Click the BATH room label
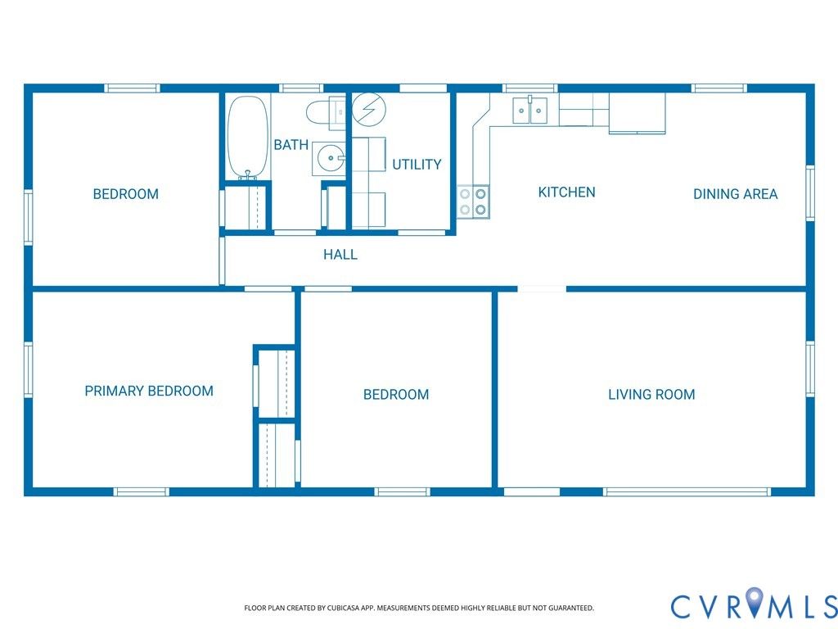(x=291, y=144)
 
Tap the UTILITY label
(x=417, y=164)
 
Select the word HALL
(x=340, y=254)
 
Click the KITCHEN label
(x=566, y=192)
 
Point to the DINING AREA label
(x=736, y=193)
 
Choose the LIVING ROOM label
(x=651, y=394)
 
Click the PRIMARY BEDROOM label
(x=149, y=391)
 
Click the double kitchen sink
(x=529, y=111)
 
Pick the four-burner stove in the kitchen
(x=473, y=201)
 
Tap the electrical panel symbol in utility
(x=369, y=109)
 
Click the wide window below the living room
(x=687, y=491)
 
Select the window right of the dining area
(x=810, y=193)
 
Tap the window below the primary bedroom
(x=141, y=491)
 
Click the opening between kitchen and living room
(x=542, y=289)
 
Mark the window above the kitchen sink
(x=529, y=88)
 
